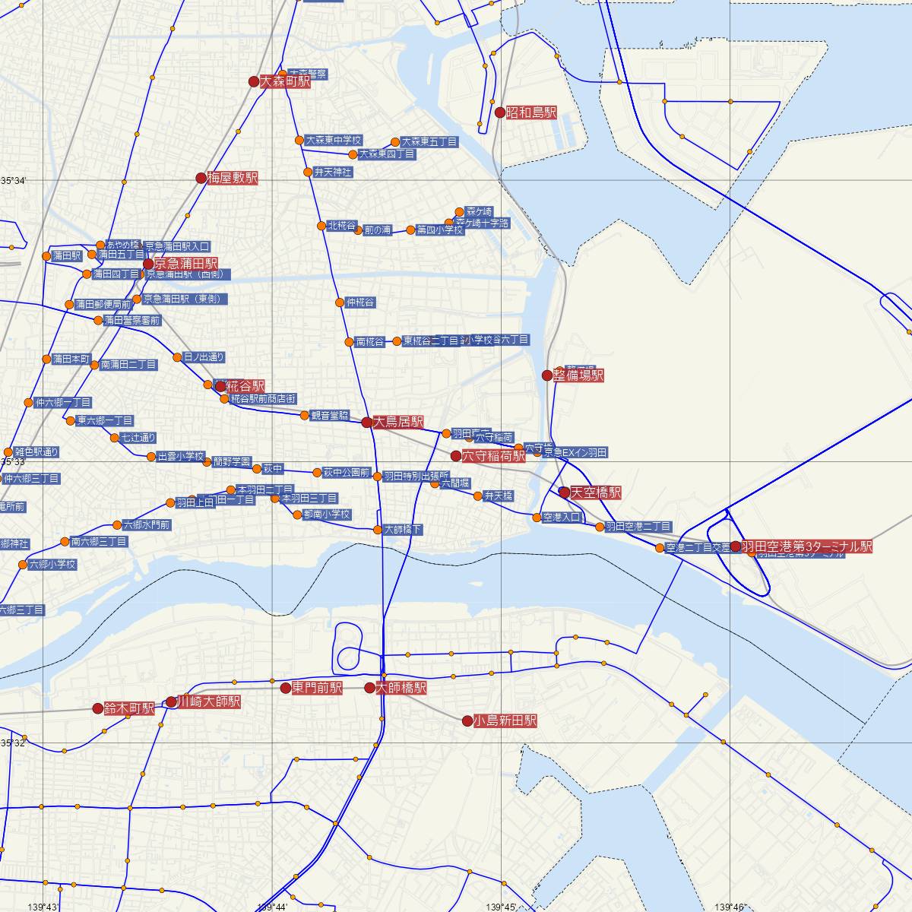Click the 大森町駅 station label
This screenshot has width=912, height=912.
click(285, 82)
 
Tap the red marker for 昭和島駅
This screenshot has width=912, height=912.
click(500, 112)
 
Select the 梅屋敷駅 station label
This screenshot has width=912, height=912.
click(233, 179)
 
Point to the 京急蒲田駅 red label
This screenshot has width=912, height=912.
click(186, 264)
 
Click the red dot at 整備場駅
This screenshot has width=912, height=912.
click(547, 375)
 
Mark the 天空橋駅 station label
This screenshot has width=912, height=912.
click(596, 492)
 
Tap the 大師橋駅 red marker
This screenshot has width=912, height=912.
click(369, 689)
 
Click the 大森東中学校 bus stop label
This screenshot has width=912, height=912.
click(334, 141)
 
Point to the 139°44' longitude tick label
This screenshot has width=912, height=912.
click(273, 907)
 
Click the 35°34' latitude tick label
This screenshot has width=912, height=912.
click(14, 181)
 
